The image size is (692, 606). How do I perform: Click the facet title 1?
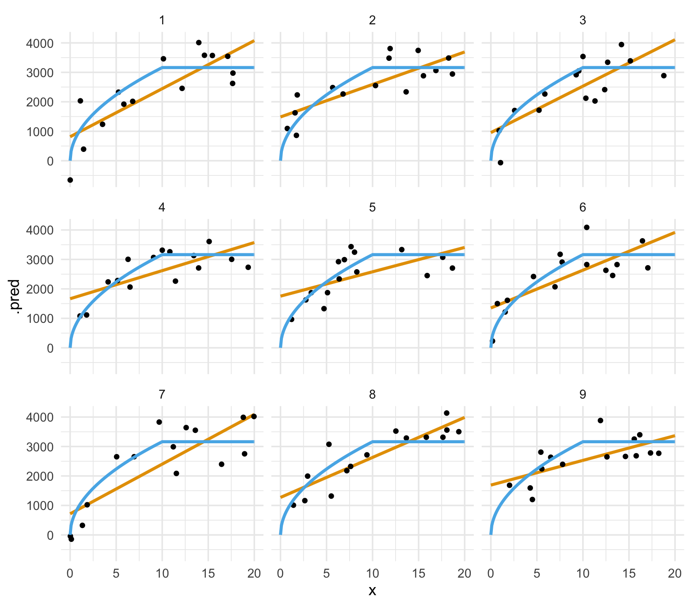coord(162,20)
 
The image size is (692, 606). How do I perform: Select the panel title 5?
coord(372,207)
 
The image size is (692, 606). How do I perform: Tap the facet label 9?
coord(583,395)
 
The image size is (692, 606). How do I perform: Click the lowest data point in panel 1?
coord(70,180)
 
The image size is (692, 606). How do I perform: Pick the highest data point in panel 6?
coord(587,227)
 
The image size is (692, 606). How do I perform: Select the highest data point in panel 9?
coord(600,420)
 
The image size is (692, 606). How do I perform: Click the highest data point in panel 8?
coord(446,413)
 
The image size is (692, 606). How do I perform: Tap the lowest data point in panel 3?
coord(500,162)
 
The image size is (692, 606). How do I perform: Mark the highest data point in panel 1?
coord(199,42)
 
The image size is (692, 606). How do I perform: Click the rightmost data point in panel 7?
coord(254,416)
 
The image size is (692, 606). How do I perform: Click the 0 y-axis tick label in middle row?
coord(50,348)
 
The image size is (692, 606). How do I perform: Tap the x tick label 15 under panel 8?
coord(419,574)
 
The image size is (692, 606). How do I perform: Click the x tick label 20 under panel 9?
coord(674,574)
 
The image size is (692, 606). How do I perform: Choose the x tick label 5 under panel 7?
coord(116,574)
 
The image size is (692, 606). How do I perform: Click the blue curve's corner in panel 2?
coord(373,68)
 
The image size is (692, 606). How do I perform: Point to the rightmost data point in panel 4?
coord(248,267)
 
